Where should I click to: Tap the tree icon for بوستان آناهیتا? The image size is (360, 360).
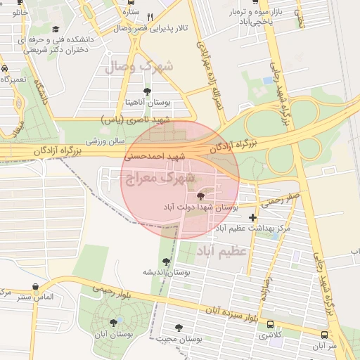click(x=146, y=91)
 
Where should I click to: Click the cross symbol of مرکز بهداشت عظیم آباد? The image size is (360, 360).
click(x=252, y=217)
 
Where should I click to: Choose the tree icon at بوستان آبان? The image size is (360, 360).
click(x=113, y=323)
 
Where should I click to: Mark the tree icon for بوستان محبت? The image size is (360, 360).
click(x=179, y=328)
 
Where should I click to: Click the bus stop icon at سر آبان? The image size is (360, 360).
click(x=323, y=335)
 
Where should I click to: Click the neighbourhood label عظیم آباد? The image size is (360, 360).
click(x=221, y=250)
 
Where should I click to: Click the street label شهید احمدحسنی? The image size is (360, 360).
click(x=155, y=156)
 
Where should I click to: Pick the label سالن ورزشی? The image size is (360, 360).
click(x=105, y=141)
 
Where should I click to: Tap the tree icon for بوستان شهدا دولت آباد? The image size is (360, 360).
click(x=202, y=196)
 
